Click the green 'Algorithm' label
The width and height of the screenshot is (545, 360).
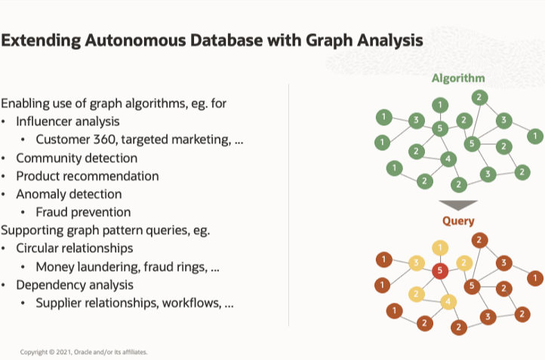point(457,78)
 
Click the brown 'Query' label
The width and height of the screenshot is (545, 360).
point(458,221)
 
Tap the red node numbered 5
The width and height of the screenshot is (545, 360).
point(439,270)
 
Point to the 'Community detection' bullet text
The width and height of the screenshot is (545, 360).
point(76,158)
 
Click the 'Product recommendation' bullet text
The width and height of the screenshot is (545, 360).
point(87,176)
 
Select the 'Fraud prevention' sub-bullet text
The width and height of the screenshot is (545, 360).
point(83,212)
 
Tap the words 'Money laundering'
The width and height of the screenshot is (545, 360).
point(84,266)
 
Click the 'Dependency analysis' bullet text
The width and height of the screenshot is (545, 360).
point(75,285)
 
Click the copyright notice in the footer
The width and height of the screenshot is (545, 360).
point(84,352)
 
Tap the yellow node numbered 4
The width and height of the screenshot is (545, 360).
point(448,302)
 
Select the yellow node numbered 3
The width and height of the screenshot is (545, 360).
point(414,263)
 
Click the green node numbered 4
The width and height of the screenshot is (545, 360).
point(448,158)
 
